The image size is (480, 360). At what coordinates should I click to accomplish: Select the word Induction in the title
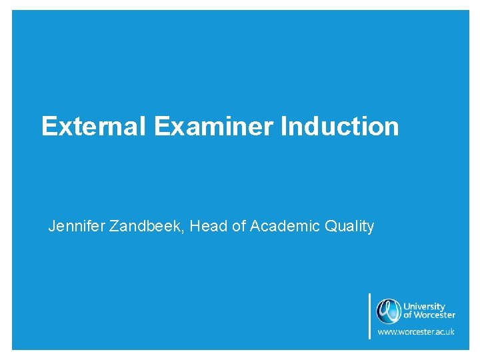tap(340, 126)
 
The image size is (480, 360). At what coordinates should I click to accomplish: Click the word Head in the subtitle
tap(207, 227)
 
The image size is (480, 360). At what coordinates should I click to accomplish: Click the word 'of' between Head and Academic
tap(238, 227)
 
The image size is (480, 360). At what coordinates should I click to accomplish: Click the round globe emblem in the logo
tap(387, 311)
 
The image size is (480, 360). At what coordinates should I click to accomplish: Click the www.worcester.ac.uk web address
tap(416, 331)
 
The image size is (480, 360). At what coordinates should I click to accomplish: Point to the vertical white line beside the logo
tap(369, 316)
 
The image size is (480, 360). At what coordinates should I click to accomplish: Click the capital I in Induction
tap(285, 126)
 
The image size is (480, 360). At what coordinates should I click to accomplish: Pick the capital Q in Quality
tap(330, 227)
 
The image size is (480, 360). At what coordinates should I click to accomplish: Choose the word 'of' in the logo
tap(408, 315)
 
